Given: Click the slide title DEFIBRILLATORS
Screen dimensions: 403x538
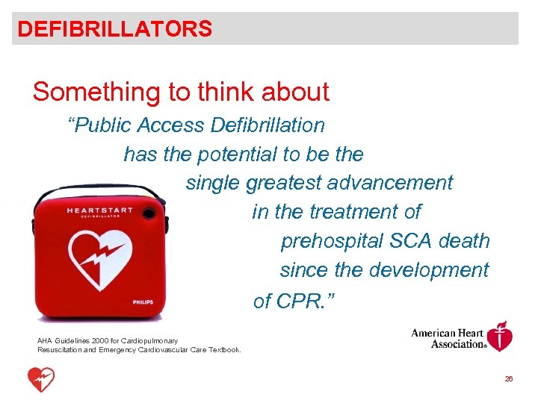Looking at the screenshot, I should click(x=114, y=29).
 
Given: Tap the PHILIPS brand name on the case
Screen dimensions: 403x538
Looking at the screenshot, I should click(x=143, y=302).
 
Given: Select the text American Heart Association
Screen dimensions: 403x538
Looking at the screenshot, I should click(x=448, y=338).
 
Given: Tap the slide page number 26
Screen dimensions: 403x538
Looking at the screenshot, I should click(x=509, y=379).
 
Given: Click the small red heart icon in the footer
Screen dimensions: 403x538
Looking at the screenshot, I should click(x=41, y=379).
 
